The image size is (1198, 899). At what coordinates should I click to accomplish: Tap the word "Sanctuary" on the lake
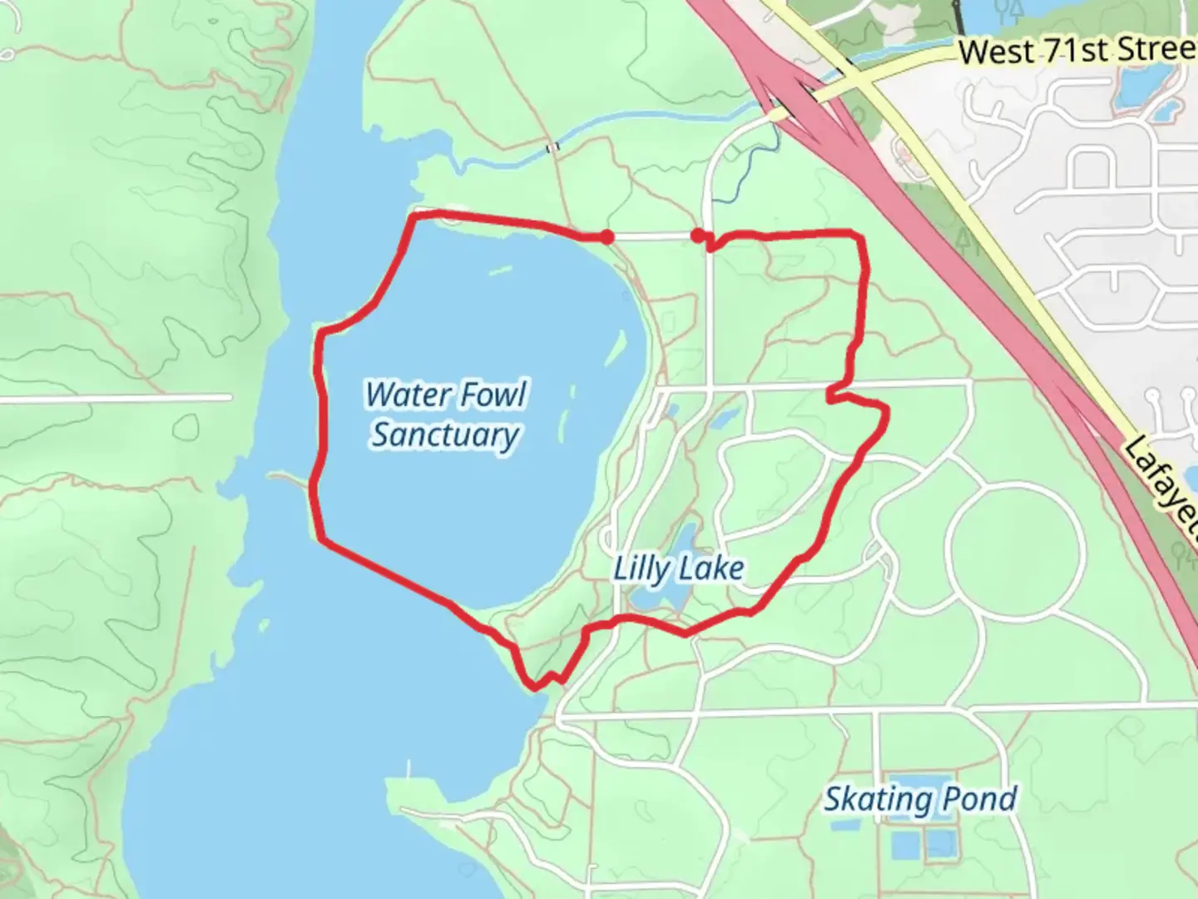(x=445, y=435)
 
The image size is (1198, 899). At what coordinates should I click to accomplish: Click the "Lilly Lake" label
(x=678, y=569)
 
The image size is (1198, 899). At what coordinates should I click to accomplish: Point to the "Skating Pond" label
(x=920, y=799)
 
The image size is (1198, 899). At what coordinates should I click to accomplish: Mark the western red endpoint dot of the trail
(x=607, y=237)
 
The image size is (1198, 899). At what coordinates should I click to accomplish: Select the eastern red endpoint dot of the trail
(x=697, y=236)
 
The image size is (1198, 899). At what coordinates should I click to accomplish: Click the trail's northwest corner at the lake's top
(x=413, y=216)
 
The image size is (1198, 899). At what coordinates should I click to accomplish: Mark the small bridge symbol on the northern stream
(x=552, y=148)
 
